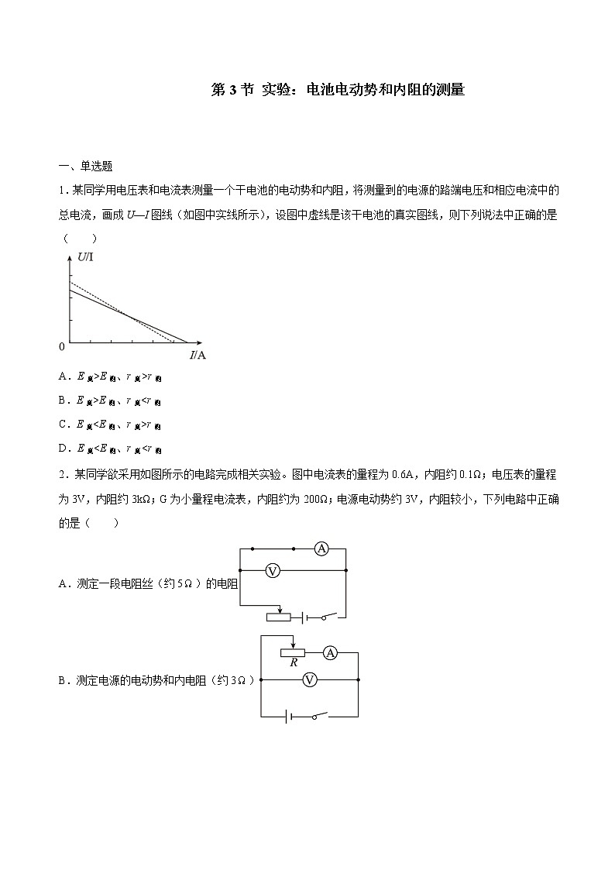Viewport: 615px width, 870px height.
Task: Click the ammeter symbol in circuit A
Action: [321, 549]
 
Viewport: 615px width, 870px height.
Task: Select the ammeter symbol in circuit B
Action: [330, 653]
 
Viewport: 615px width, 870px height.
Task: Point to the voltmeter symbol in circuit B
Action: [309, 679]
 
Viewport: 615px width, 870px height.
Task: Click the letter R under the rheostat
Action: [294, 663]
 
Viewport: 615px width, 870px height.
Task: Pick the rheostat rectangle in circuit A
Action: [278, 617]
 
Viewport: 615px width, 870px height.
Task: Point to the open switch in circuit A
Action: [328, 617]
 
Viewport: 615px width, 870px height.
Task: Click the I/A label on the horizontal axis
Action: [197, 356]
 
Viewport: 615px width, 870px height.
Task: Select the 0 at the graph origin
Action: [62, 346]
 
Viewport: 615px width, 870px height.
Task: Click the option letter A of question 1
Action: [62, 377]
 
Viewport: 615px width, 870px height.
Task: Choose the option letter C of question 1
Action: [62, 425]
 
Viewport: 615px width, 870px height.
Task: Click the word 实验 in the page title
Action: [277, 90]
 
